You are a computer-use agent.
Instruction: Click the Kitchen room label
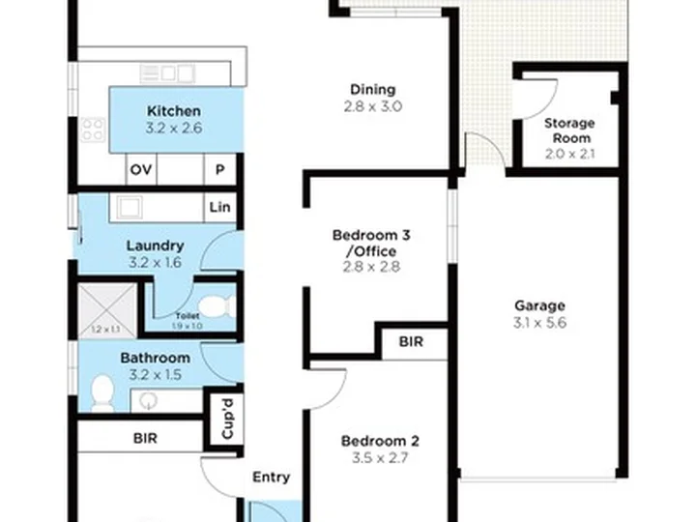[x=174, y=110]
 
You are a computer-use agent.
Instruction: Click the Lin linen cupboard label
[x=219, y=206]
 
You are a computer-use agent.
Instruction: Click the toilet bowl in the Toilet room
[x=219, y=309]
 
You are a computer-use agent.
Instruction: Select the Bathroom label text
[x=155, y=358]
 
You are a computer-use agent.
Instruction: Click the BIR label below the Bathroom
[x=146, y=437]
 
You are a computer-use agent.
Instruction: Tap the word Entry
[x=271, y=477]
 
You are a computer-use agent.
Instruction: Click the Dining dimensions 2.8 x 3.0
[x=372, y=106]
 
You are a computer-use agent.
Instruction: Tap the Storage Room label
[x=568, y=130]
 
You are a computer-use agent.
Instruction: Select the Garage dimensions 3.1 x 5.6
[x=539, y=323]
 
